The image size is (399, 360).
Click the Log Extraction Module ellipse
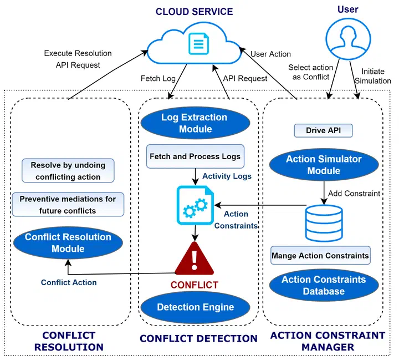tap(195, 123)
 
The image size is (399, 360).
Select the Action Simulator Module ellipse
tap(324, 165)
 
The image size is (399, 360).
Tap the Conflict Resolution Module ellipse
tap(68, 243)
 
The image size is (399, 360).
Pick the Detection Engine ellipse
tap(195, 307)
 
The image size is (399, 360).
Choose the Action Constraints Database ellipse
tap(324, 285)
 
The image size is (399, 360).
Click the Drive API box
tap(323, 131)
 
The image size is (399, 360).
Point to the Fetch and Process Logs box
tap(195, 156)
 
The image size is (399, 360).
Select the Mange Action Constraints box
tap(320, 256)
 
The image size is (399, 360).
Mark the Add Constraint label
tap(355, 194)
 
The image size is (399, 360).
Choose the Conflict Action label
tap(69, 282)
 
